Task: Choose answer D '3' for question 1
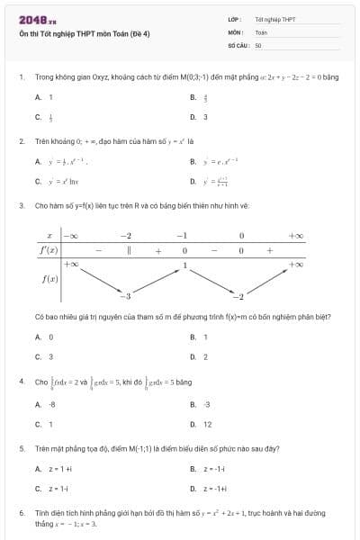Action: tap(205, 116)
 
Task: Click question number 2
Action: tap(21, 141)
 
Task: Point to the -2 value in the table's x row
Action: tap(126, 236)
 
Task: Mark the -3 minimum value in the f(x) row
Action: tap(127, 296)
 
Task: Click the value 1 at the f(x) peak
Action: tap(184, 265)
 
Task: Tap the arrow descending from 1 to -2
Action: tap(212, 280)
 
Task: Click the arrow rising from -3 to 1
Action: tap(157, 280)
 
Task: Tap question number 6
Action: tap(21, 512)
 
